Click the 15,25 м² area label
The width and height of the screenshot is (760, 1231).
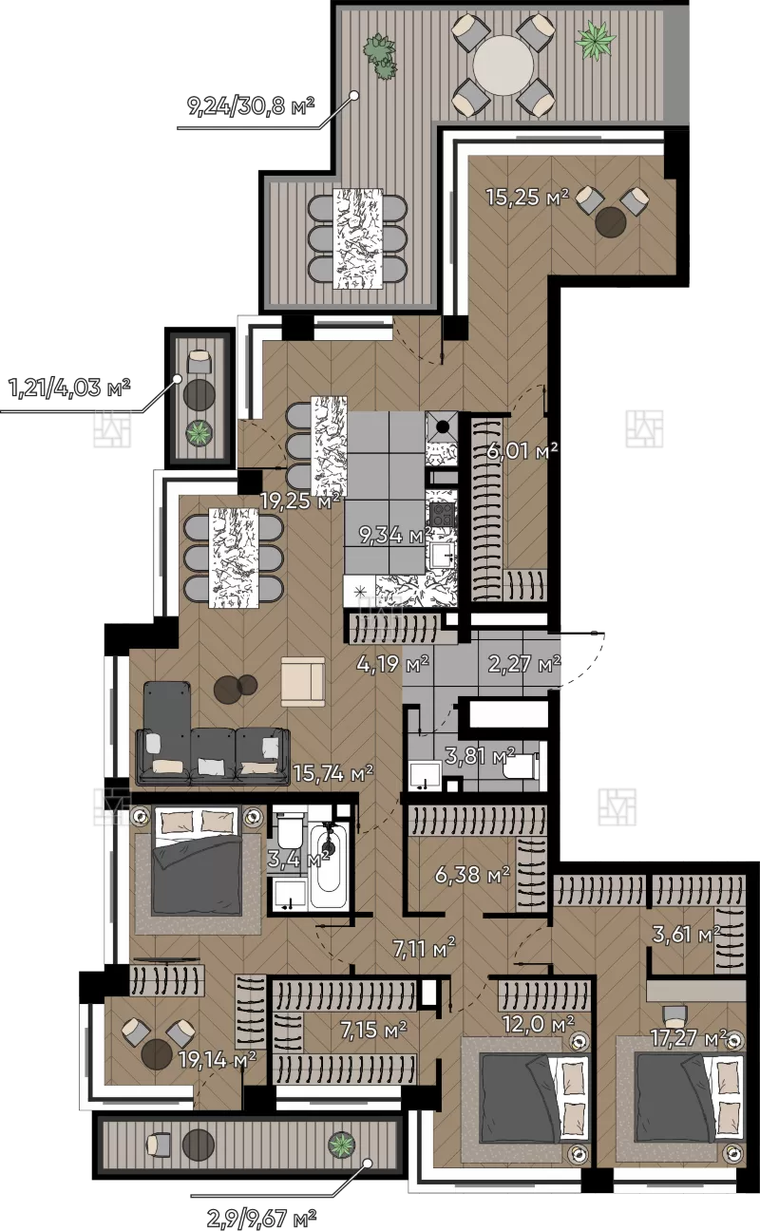click(527, 197)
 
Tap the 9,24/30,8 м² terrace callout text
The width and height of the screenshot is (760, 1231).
click(251, 105)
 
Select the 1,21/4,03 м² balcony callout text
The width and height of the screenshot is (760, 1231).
click(69, 388)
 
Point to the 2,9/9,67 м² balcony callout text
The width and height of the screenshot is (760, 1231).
click(261, 1219)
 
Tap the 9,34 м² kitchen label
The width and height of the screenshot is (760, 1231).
click(395, 534)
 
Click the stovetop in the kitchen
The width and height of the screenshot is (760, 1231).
click(443, 515)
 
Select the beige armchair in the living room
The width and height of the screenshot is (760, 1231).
click(303, 681)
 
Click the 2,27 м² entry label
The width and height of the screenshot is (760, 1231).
click(524, 664)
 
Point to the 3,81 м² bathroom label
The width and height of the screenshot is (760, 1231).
click(480, 756)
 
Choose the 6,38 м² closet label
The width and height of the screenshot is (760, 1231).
click(472, 874)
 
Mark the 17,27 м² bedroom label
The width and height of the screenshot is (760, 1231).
click(689, 1037)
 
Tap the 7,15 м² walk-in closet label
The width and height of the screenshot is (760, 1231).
click(373, 1030)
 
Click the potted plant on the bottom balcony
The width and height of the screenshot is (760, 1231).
click(341, 1145)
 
